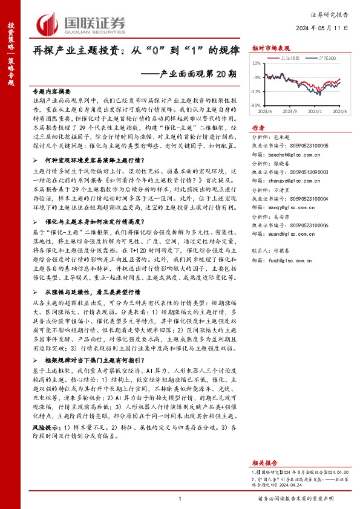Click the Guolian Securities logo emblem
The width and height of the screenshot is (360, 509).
point(49,22)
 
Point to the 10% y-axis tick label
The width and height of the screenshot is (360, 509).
point(256,63)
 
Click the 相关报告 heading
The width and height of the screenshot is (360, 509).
point(263,443)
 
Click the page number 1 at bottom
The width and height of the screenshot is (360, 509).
point(180,498)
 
